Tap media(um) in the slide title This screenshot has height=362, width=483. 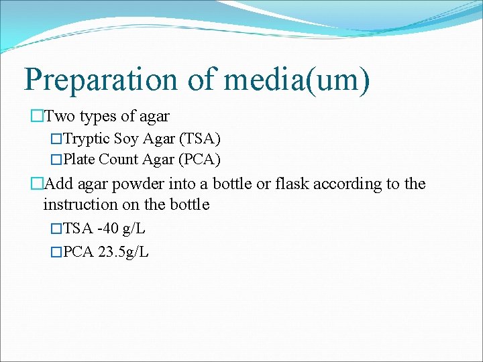coord(297,79)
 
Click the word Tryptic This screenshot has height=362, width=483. coord(86,139)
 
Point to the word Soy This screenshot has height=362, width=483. coord(127,139)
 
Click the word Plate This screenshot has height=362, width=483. coord(78,160)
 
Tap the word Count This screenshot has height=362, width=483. coord(118,160)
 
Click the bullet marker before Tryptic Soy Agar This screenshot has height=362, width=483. coord(56,140)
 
